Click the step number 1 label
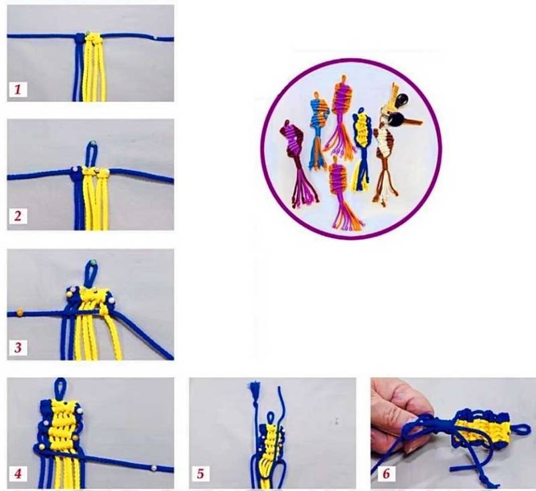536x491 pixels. (18, 90)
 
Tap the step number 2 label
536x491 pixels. (18, 216)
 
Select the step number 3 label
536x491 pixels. (18, 347)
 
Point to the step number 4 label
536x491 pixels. (18, 474)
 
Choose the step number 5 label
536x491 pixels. (200, 474)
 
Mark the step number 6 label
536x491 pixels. (386, 474)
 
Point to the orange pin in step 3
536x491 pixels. (20, 312)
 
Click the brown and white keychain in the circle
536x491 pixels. (385, 161)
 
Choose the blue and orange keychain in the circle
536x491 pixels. (319, 130)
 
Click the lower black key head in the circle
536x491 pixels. (396, 120)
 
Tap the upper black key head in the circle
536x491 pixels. (401, 100)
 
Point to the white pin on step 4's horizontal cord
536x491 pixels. (154, 467)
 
